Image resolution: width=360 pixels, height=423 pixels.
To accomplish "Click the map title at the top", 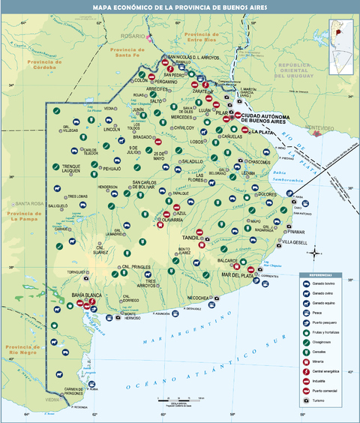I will pos(179,7).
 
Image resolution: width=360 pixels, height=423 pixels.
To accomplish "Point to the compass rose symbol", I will pos(316,252).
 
